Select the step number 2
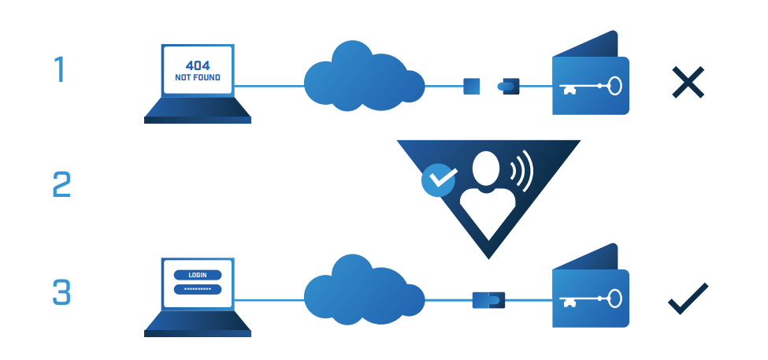tap(61, 186)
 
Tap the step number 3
tap(61, 292)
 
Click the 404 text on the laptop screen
tap(197, 65)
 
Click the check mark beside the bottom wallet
tap(688, 299)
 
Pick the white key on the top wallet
tap(591, 85)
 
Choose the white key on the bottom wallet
tap(591, 299)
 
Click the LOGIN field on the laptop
tap(197, 275)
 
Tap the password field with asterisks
tap(197, 288)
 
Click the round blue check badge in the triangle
tap(439, 180)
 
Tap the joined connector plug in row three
tap(488, 299)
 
